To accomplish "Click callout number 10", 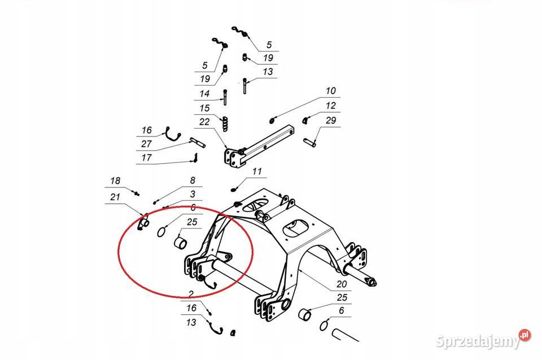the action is [331, 91].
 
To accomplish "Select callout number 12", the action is [331, 106].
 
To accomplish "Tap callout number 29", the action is [331, 121].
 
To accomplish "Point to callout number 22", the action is [204, 122].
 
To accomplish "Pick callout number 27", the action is [147, 144].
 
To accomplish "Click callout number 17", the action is [147, 158].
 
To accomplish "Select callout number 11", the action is [257, 172].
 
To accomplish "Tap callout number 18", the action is [115, 181].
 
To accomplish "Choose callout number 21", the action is [115, 197].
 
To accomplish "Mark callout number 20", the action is [342, 284].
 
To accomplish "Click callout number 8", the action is [193, 181].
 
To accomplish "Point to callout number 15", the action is [204, 108].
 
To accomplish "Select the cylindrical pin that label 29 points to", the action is [309, 142].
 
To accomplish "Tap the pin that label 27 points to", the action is [198, 142].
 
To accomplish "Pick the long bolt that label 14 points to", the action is [225, 98].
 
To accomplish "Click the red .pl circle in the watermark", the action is [524, 335].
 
